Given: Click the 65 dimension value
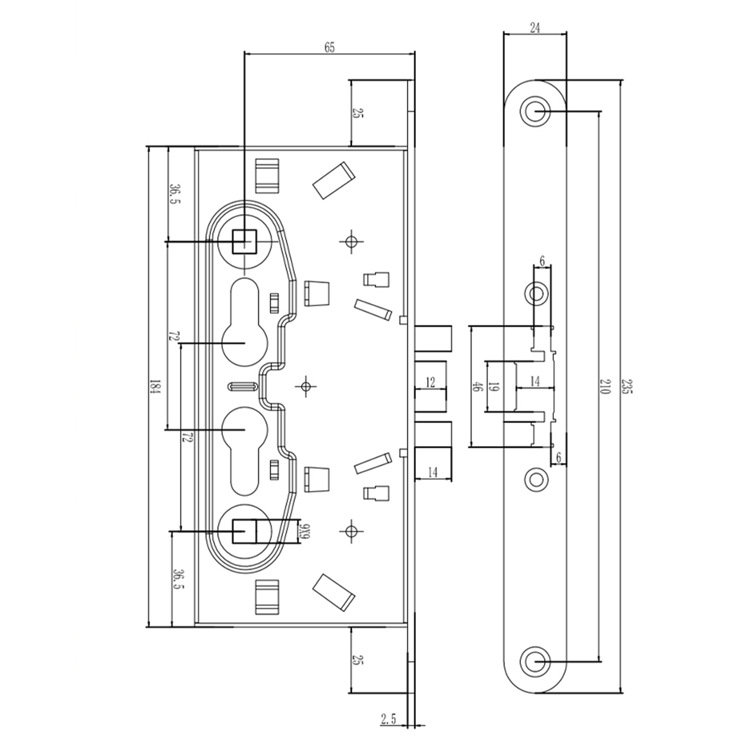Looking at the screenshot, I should click(x=329, y=48).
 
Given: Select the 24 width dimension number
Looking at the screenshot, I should click(x=535, y=28).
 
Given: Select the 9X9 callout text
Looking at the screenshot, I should click(x=304, y=532).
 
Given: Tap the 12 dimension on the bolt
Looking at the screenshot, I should click(x=430, y=383).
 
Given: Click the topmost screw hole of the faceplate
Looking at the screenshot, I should click(x=535, y=111).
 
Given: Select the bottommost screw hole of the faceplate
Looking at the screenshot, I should click(x=535, y=661).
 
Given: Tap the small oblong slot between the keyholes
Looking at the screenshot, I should click(x=243, y=387).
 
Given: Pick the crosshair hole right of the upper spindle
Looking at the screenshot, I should click(x=351, y=241).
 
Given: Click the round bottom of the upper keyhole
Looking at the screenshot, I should click(x=244, y=343).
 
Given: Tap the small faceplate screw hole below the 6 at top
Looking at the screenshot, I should click(x=536, y=293).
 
